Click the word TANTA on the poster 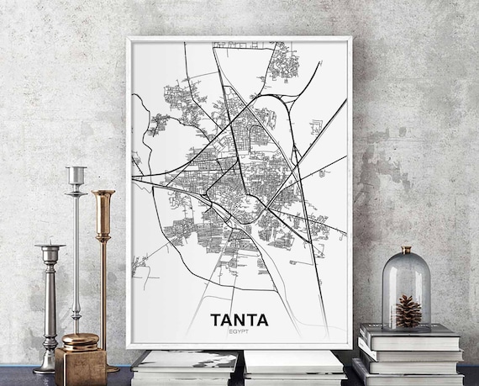pos(239,320)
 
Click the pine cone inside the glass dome pos(408,311)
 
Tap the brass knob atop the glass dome pos(408,250)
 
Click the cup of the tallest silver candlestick pos(76,175)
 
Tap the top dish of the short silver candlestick pos(50,248)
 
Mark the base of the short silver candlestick pos(47,367)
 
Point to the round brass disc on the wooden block pos(80,340)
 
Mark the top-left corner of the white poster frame pos(129,39)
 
